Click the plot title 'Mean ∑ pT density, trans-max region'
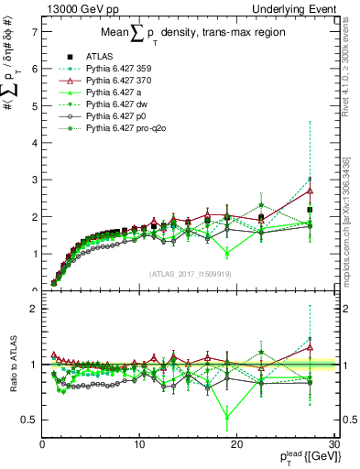184,36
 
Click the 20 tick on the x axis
235,444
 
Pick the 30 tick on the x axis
333,444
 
